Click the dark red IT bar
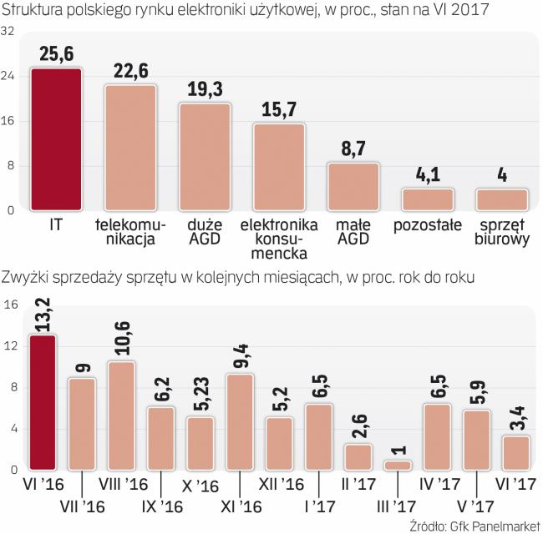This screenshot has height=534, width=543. point(56,139)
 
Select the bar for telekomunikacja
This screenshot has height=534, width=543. point(130,148)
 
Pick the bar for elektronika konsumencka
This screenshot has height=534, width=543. point(279,167)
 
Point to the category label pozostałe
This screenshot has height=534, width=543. point(427,225)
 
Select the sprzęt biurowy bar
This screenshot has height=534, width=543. point(501,199)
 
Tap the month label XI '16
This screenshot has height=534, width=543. point(241,506)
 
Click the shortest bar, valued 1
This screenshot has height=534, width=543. point(399,466)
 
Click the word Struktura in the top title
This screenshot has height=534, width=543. point(33,10)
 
